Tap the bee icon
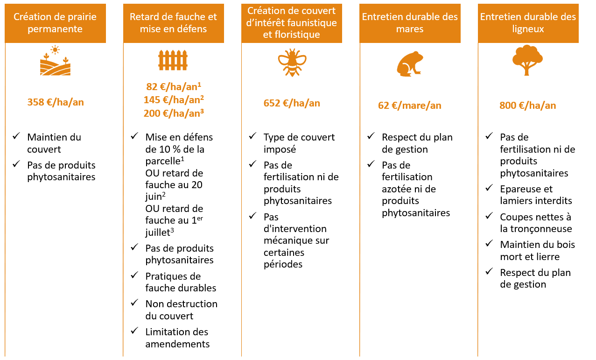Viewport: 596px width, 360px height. [292, 63]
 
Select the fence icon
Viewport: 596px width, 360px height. [173, 60]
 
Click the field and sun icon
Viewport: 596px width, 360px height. [55, 60]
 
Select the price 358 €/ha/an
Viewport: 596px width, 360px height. [56, 102]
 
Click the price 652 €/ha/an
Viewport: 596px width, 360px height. [292, 103]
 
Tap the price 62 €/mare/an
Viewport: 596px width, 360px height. [409, 106]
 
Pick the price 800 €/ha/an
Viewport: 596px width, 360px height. [527, 106]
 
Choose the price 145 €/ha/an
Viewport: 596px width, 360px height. [174, 99]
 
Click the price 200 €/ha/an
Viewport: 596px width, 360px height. [174, 113]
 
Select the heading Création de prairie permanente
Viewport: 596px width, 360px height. [55, 23]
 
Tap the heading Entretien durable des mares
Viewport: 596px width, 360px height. [410, 23]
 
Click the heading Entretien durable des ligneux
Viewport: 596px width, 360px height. [528, 23]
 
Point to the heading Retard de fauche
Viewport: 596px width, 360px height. [173, 23]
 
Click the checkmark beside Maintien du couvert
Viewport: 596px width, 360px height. [16, 136]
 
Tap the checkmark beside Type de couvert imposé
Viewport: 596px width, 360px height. [252, 136]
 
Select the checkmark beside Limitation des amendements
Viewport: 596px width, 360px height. [134, 331]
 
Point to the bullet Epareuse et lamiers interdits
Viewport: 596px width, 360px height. [536, 195]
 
